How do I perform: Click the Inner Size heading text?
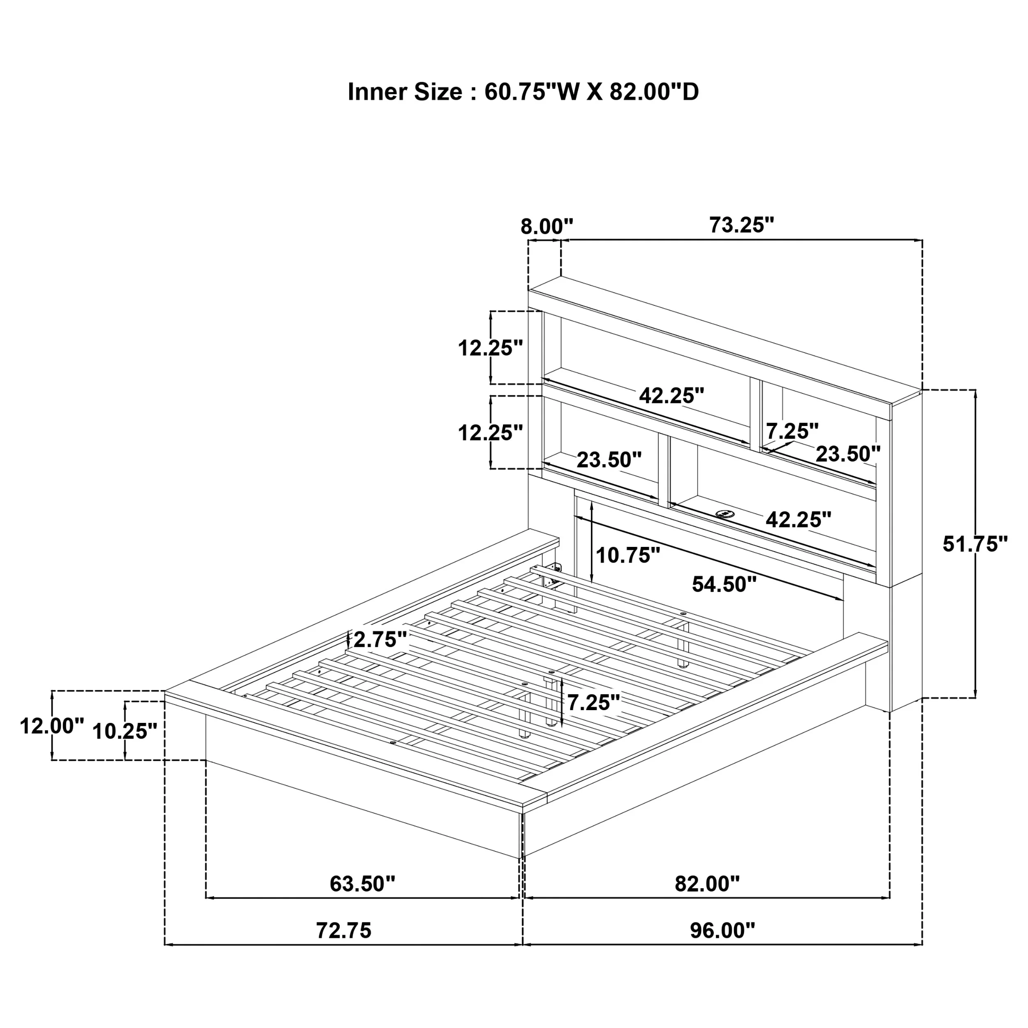(x=523, y=92)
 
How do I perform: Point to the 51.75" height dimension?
(x=975, y=544)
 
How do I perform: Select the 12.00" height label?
(x=52, y=726)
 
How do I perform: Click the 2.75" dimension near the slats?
(x=380, y=639)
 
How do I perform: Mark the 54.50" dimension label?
(x=724, y=584)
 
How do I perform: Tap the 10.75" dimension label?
(x=628, y=556)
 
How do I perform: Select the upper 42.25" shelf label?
(x=671, y=395)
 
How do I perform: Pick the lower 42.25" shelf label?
(x=798, y=519)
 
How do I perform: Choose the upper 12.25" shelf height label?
(x=491, y=348)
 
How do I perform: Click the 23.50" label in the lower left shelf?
(x=609, y=460)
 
